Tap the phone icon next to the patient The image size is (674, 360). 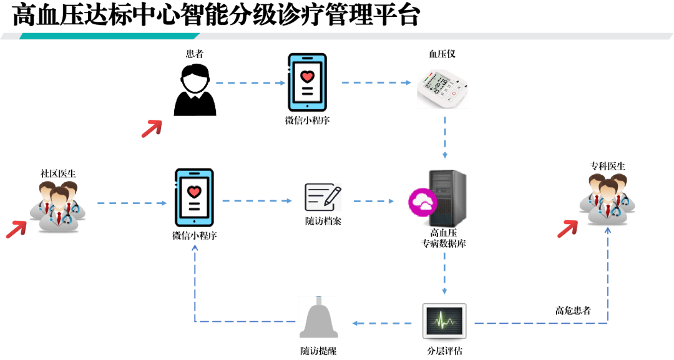pyautogui.click(x=307, y=82)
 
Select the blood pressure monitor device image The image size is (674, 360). pyautogui.click(x=443, y=89)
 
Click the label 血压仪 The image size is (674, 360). pyautogui.click(x=442, y=54)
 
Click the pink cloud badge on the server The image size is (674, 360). pyautogui.click(x=422, y=202)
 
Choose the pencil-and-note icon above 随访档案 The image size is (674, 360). pyautogui.click(x=323, y=197)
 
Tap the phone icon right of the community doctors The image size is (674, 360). pyautogui.click(x=194, y=197)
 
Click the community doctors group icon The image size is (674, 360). pyautogui.click(x=58, y=206)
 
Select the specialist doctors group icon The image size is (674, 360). pyautogui.click(x=608, y=198)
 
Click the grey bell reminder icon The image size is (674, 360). pyautogui.click(x=318, y=318)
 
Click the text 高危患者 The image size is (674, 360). pyautogui.click(x=573, y=311)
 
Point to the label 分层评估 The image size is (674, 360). pyautogui.click(x=444, y=351)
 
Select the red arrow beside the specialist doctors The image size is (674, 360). pyautogui.click(x=567, y=228)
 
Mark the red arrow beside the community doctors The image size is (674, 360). pyautogui.click(x=16, y=230)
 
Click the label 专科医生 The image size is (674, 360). pyautogui.click(x=607, y=166)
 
